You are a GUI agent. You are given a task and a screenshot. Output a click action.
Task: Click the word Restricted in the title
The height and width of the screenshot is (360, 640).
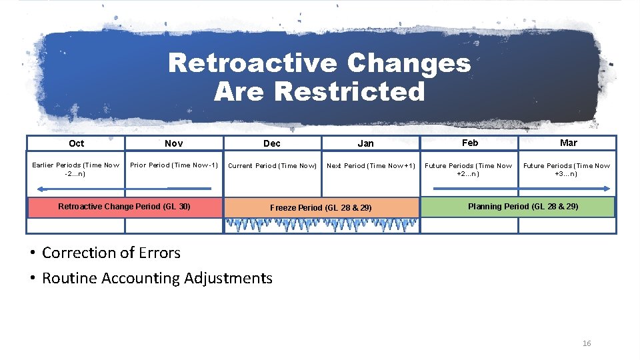[349, 91]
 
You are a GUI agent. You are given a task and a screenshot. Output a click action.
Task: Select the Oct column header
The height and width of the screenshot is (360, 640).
[76, 143]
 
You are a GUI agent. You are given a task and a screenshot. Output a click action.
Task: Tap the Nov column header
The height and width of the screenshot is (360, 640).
[173, 143]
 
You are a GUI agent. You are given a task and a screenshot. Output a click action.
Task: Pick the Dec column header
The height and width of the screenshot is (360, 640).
[272, 143]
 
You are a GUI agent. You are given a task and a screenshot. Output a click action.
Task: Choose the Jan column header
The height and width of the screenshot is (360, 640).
[365, 143]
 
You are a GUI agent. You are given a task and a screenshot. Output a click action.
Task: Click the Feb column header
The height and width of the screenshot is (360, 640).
[469, 143]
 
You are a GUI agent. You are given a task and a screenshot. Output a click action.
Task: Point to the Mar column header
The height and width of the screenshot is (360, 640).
[568, 143]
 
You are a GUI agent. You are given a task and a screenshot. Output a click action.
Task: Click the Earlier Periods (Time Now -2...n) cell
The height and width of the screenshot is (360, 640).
[76, 169]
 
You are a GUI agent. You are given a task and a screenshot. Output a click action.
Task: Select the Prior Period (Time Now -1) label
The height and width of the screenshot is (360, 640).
[174, 165]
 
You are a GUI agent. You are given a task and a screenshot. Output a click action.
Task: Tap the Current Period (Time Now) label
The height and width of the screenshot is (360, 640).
[272, 166]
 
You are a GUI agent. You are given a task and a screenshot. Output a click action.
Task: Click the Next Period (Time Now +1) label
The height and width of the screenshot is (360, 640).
[371, 166]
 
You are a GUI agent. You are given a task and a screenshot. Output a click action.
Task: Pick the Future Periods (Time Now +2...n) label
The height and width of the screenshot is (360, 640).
[469, 169]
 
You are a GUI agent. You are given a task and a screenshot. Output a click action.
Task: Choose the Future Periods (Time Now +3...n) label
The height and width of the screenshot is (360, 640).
[567, 169]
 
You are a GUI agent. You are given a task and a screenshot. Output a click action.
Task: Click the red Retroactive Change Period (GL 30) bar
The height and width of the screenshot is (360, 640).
[124, 207]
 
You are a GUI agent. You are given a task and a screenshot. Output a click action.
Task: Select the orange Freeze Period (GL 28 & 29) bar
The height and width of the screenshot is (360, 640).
[321, 208]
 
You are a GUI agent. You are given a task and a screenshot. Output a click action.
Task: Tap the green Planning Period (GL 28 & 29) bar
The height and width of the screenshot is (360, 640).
[523, 207]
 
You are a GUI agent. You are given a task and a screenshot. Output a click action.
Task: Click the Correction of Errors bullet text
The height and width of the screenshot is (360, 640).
[111, 253]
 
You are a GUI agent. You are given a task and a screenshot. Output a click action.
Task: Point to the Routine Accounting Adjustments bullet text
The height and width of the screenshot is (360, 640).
[157, 278]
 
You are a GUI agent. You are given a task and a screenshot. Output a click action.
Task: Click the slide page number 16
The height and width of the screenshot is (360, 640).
[587, 343]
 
